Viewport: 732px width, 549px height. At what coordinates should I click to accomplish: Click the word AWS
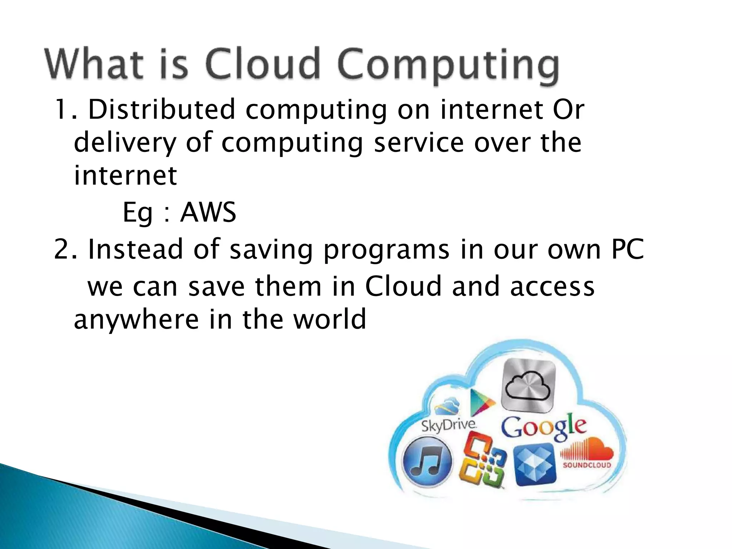(208, 212)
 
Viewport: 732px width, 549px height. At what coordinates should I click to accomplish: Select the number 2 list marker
(61, 249)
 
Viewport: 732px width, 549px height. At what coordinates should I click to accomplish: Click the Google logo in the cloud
(543, 427)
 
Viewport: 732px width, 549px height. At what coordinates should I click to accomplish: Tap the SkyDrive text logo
(449, 425)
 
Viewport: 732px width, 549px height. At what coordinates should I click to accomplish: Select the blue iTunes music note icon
(427, 462)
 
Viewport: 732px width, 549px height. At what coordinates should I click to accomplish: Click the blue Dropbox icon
(535, 464)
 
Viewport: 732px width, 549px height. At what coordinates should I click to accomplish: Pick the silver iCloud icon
(529, 386)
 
